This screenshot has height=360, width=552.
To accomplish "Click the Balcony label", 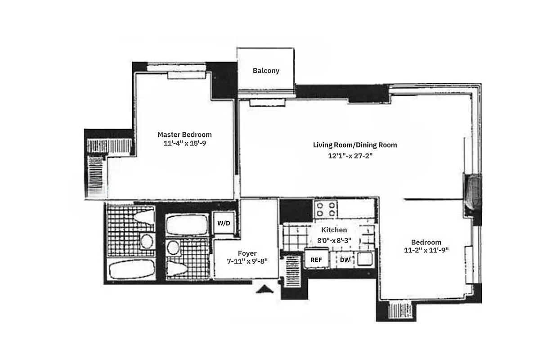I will click(x=266, y=71).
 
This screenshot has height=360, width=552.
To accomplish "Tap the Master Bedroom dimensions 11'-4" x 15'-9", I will click(x=184, y=144).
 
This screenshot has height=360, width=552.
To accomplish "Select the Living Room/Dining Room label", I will click(x=355, y=145).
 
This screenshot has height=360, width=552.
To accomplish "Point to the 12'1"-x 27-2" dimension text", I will click(x=351, y=156).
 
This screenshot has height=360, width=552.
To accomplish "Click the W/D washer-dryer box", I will click(x=224, y=223).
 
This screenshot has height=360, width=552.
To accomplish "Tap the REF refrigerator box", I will click(x=316, y=260).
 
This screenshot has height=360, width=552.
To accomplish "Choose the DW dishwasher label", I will click(x=345, y=260).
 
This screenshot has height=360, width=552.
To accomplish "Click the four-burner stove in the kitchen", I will click(x=326, y=209).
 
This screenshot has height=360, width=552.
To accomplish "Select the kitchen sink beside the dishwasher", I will click(x=364, y=259).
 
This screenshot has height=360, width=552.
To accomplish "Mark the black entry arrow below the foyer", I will click(x=264, y=289).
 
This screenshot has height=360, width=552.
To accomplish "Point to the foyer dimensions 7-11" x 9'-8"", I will click(x=247, y=261).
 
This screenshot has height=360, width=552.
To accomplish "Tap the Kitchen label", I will click(x=334, y=230).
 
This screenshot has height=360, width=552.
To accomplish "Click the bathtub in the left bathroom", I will click(x=131, y=270).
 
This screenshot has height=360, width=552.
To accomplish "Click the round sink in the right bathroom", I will click(x=172, y=247).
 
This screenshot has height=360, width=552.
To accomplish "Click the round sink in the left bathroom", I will click(x=146, y=242).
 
